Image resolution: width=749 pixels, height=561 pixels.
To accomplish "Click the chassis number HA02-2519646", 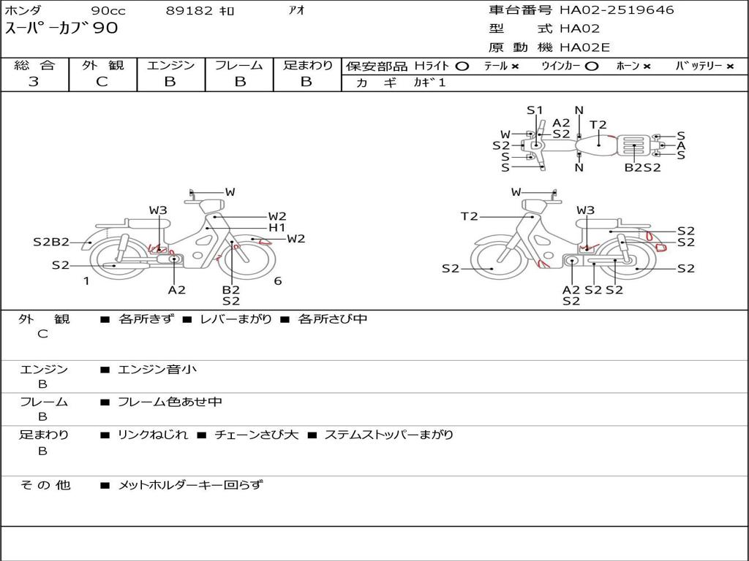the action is pos(617,10).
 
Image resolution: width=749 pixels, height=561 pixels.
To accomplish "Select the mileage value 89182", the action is pos(189,10).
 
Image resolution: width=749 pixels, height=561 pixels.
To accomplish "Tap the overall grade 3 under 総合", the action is pos(33,82).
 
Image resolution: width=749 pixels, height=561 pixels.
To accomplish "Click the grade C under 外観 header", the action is pos(102,82).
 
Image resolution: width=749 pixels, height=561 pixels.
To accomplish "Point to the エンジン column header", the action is pos(170,65).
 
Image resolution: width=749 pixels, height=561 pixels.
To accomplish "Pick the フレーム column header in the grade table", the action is pos(239,65).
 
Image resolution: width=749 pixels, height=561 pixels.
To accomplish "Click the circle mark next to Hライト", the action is pos(462,66).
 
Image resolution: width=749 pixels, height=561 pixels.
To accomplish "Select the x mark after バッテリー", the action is pos(730,66).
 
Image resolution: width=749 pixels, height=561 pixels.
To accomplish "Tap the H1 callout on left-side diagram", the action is pos(277,228).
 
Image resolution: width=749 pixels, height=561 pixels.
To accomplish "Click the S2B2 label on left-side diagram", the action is pos(51,242).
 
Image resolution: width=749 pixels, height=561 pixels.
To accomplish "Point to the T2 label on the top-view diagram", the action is pos(598,125).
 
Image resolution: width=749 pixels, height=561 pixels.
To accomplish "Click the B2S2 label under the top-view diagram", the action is pos(643,167).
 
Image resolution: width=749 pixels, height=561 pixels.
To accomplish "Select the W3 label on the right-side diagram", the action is pos(586,210).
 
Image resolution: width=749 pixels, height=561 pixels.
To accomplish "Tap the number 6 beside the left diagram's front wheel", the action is pos(277,281).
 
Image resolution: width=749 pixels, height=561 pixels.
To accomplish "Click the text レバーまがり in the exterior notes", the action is pos(236,318).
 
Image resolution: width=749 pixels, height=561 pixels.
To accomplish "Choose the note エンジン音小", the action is pos(157,369).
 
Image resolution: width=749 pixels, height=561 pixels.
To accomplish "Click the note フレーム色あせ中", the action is pos(170,402).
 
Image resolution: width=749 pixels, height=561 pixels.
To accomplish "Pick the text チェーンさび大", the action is pos(257,435).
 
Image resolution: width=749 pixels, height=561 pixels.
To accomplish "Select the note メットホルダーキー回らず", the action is pos(190,485).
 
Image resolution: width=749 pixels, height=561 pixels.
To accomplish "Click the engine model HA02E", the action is pos(584,47).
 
